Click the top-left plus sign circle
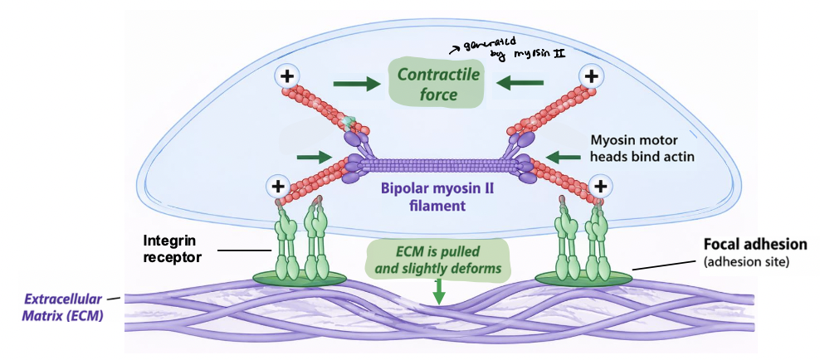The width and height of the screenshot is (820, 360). pos(287,77)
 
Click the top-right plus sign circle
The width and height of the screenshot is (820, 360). pos(590,76)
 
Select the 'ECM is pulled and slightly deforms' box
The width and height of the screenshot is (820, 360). pos(437,258)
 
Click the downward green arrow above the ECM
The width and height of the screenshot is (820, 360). pos(437,291)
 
